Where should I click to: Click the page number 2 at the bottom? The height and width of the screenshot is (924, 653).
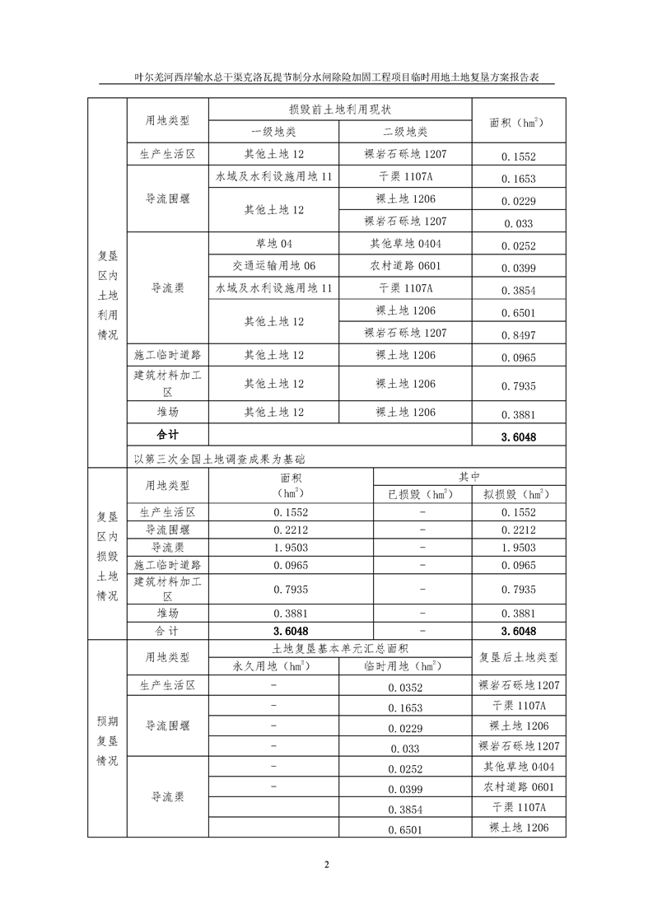pos(327,864)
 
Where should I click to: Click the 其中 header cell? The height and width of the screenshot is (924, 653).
pos(470,476)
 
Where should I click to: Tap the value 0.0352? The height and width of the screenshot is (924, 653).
pos(404,688)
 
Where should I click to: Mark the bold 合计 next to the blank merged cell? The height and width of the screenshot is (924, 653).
pos(167,434)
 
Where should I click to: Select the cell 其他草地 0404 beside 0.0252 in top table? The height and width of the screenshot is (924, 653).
pos(404,244)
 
